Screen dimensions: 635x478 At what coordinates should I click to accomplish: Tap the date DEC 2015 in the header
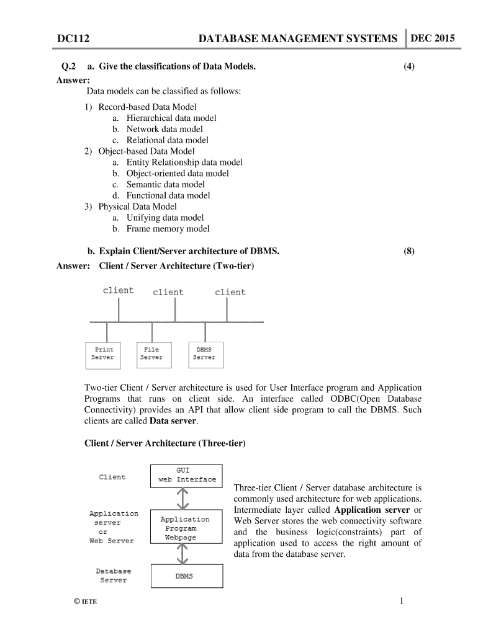pos(432,38)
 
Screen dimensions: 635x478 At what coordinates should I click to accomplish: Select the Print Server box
pos(103,353)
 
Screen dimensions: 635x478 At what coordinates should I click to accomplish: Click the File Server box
pos(151,353)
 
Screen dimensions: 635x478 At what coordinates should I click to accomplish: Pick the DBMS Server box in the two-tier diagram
pos(204,353)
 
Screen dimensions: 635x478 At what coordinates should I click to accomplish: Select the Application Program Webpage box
pos(185,528)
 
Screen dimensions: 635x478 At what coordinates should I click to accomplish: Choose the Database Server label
pos(114,575)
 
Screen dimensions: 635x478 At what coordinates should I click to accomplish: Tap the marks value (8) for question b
pos(408,251)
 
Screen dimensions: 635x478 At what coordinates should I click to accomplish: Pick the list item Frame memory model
pos(168,229)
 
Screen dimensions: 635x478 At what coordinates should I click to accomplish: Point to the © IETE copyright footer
pos(85,602)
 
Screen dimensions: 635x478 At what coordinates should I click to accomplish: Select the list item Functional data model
pos(168,195)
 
